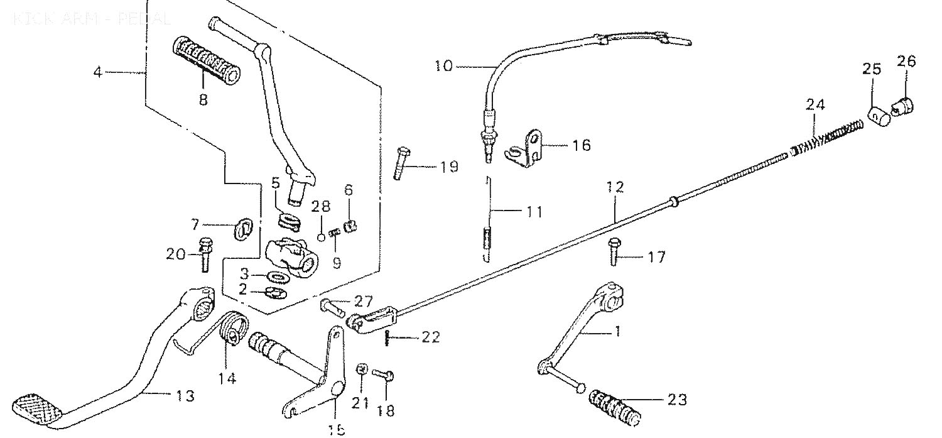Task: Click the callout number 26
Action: (x=906, y=62)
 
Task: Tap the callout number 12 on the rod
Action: (x=615, y=187)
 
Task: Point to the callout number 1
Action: (x=617, y=331)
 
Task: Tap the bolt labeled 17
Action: (x=614, y=252)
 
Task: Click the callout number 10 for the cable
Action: (x=443, y=66)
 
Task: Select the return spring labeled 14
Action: (x=234, y=330)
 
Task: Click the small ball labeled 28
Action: (x=321, y=237)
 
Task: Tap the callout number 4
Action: (x=97, y=72)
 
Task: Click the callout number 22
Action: (x=430, y=338)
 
